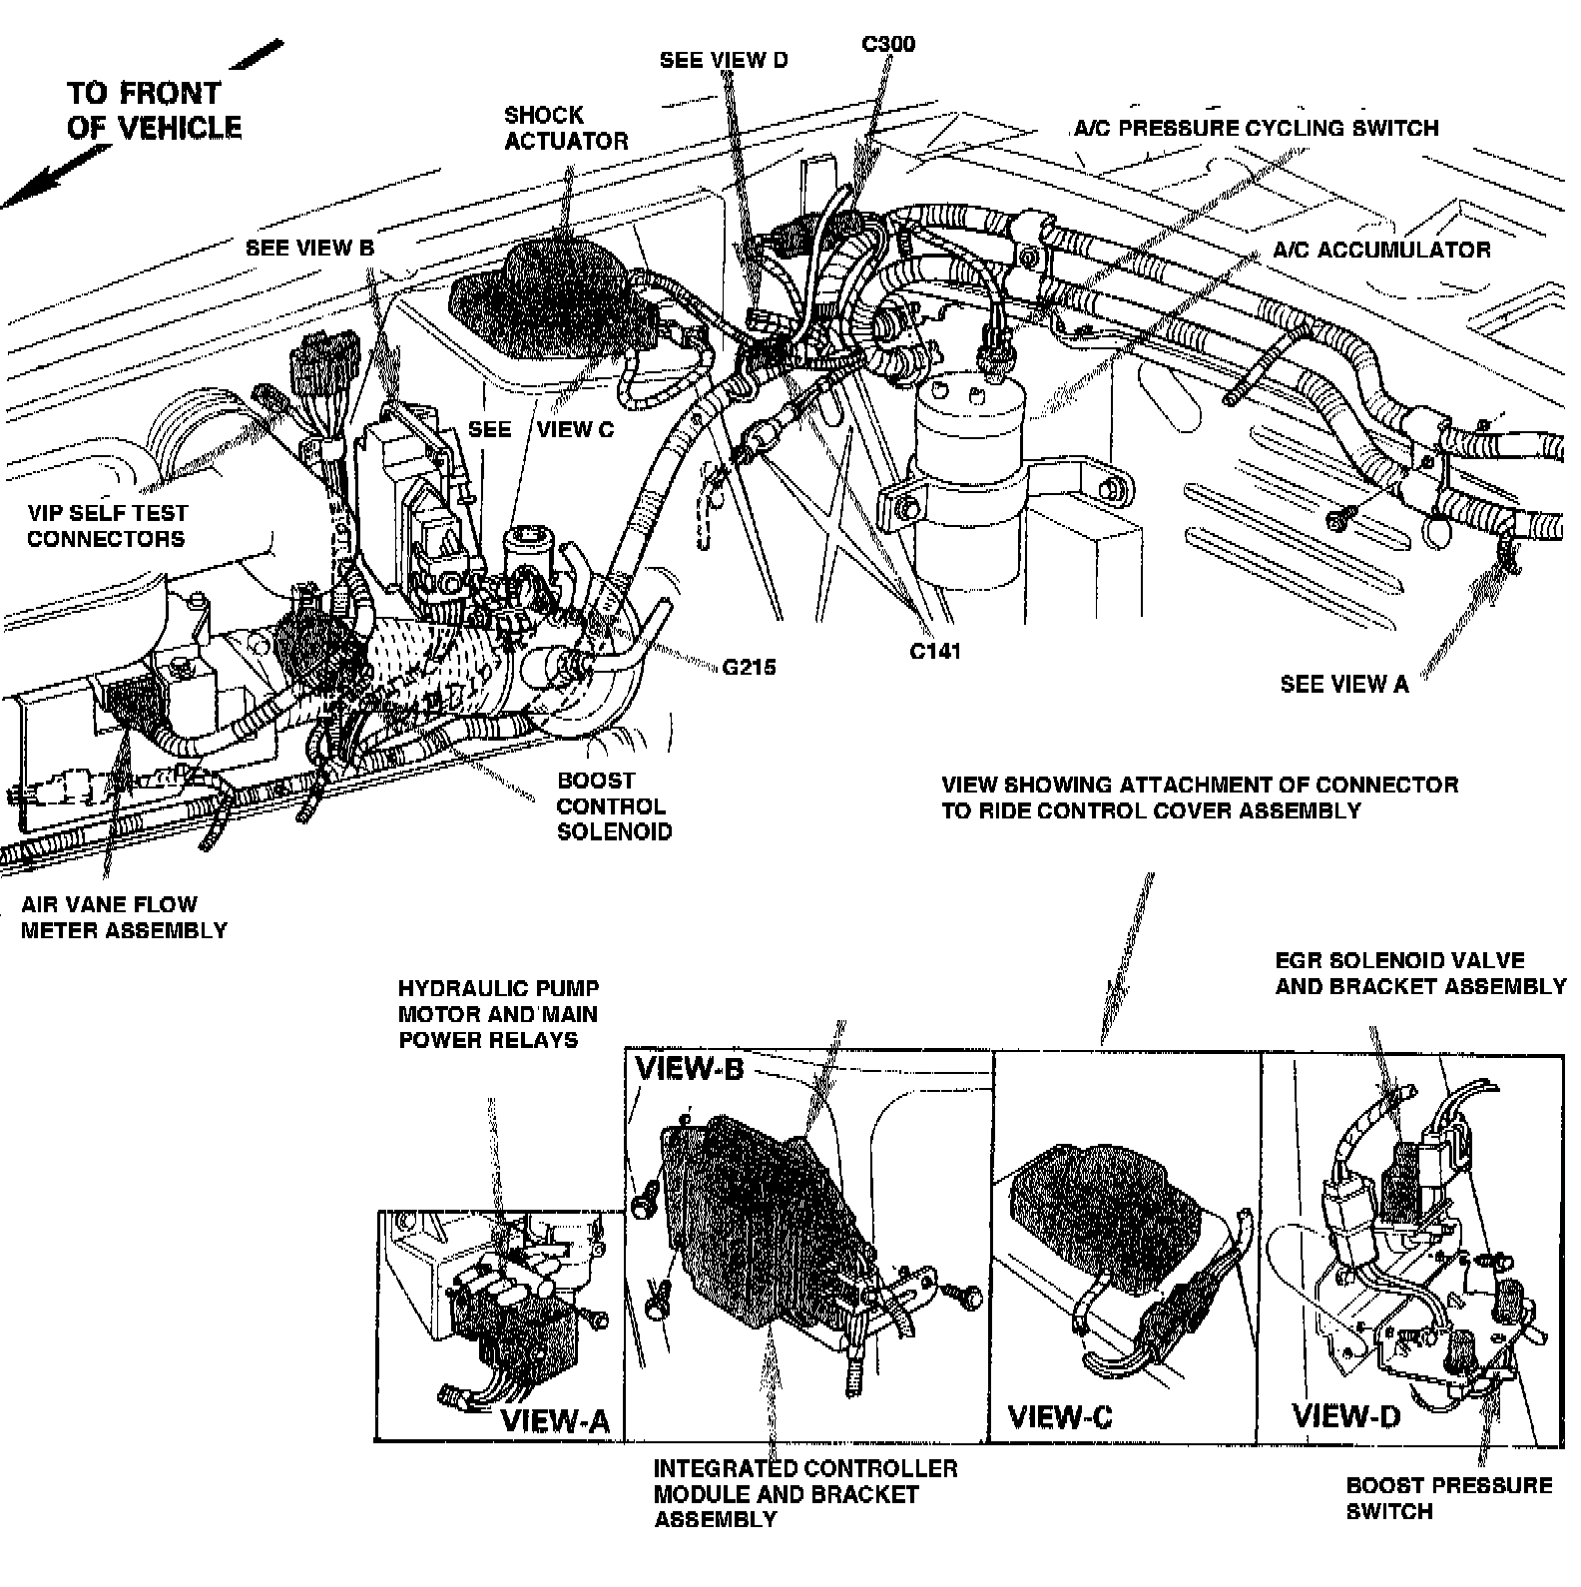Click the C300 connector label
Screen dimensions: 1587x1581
(x=887, y=44)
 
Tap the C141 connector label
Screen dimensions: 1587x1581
(x=935, y=651)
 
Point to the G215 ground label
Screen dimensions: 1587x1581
(x=750, y=667)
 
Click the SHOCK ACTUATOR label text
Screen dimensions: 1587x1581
(x=566, y=128)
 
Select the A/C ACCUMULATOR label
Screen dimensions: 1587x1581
(x=1381, y=250)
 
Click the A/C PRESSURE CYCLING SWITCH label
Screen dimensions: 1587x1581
(x=1257, y=128)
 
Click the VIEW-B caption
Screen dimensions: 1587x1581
(x=690, y=1069)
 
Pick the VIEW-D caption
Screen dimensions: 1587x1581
(x=1346, y=1415)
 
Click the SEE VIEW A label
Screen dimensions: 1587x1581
(x=1344, y=684)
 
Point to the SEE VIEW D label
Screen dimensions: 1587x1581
(x=724, y=60)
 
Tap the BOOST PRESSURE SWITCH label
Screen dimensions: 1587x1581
(x=1448, y=1498)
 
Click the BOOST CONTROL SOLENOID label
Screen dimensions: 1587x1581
(x=614, y=806)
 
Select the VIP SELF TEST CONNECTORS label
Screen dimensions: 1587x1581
(x=107, y=526)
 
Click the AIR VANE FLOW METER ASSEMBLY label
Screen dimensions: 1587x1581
(x=124, y=917)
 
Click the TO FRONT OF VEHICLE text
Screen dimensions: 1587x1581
(x=154, y=110)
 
